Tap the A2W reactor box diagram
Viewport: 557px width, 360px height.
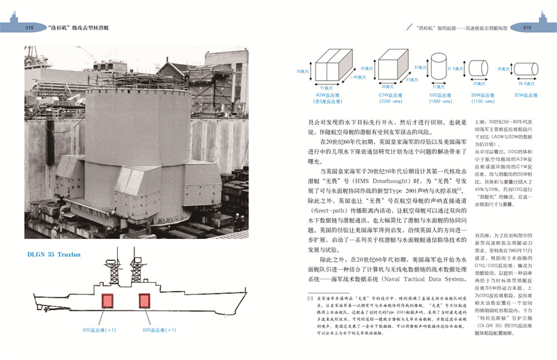point(324,70)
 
